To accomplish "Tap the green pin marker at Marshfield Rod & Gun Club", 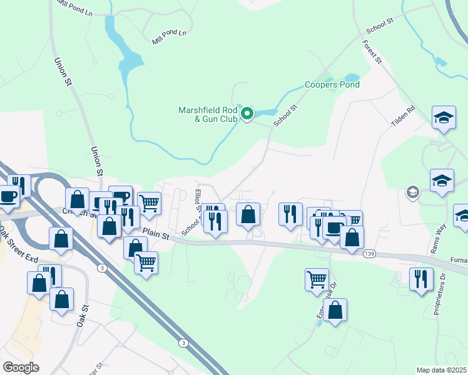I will coord(247,114).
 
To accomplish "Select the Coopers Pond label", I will coord(332,84).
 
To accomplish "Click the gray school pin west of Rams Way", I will coord(412,191).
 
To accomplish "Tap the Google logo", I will coord(21,367).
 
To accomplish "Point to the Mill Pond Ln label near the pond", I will coord(170,37).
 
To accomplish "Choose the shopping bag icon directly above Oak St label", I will coord(61,299).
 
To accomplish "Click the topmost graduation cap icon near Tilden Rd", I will coord(444,117).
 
